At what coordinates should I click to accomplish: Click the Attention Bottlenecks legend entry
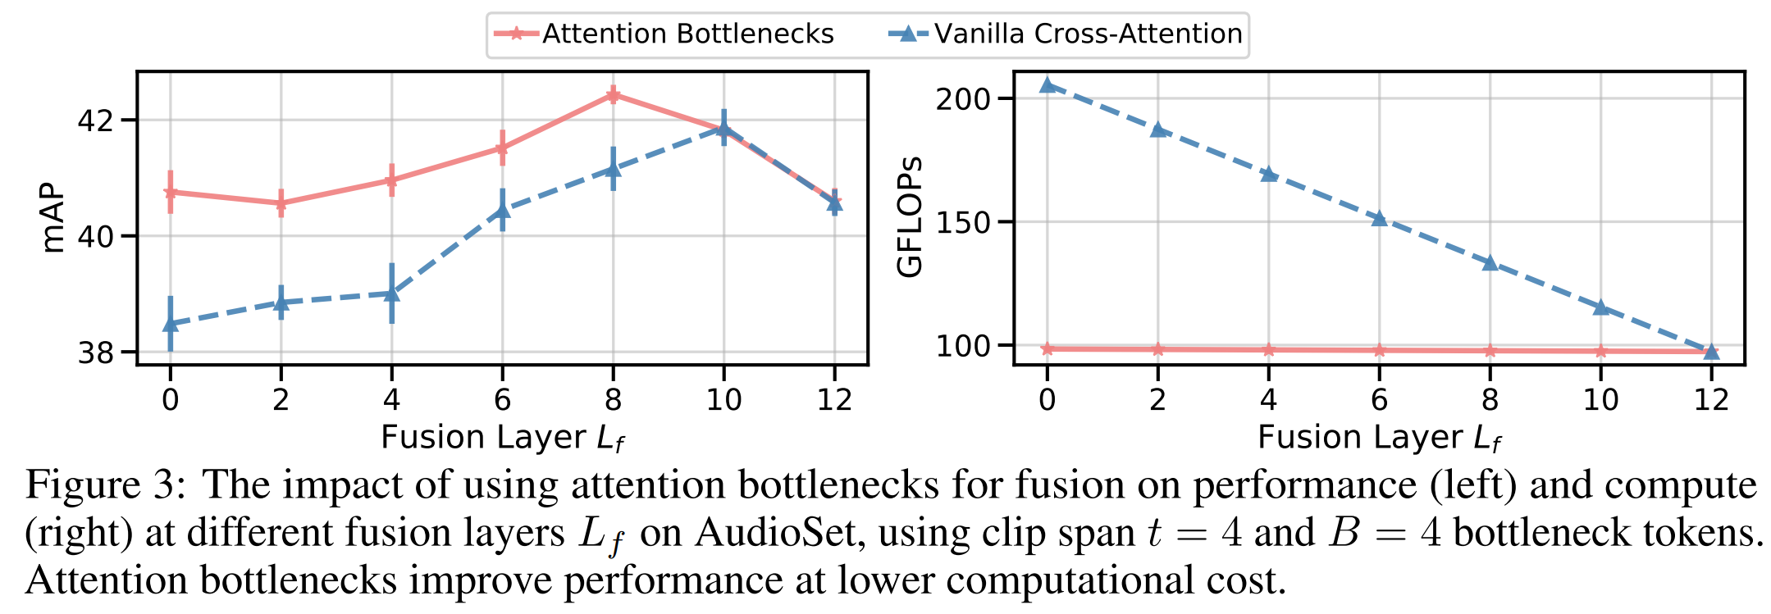click(x=664, y=34)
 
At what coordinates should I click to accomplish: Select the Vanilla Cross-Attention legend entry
click(x=1066, y=34)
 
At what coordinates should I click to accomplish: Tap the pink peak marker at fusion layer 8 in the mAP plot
click(x=613, y=95)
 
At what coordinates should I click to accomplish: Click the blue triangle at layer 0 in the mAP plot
click(x=171, y=325)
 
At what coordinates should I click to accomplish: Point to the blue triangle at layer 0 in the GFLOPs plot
click(x=1047, y=84)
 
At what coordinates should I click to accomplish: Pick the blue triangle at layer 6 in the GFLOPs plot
click(x=1379, y=218)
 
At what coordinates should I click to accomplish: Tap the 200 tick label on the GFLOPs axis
click(x=963, y=98)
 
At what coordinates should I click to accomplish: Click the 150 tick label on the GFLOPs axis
click(x=963, y=222)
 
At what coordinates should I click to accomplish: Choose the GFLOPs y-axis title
click(x=910, y=216)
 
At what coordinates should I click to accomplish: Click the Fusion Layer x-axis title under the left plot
click(x=503, y=438)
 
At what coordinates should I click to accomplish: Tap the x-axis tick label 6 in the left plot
click(x=502, y=400)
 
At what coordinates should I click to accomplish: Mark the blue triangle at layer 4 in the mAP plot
click(x=391, y=293)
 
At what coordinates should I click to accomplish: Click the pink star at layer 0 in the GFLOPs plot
click(x=1047, y=349)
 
